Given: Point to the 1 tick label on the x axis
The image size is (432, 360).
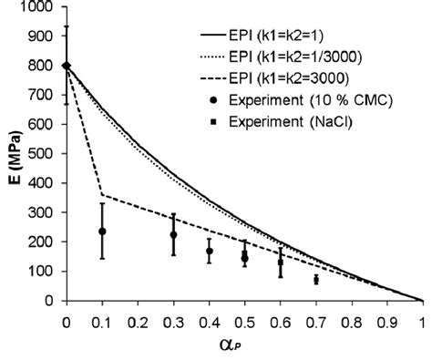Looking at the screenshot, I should [422, 322].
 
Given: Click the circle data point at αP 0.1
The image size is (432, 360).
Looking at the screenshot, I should [102, 231].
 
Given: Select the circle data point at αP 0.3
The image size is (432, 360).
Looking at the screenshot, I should [173, 235].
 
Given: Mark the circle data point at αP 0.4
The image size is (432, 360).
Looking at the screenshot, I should [209, 251].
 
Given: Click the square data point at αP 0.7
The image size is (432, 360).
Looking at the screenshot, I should [316, 280].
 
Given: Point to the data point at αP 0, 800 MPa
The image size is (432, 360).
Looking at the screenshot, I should [67, 66].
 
